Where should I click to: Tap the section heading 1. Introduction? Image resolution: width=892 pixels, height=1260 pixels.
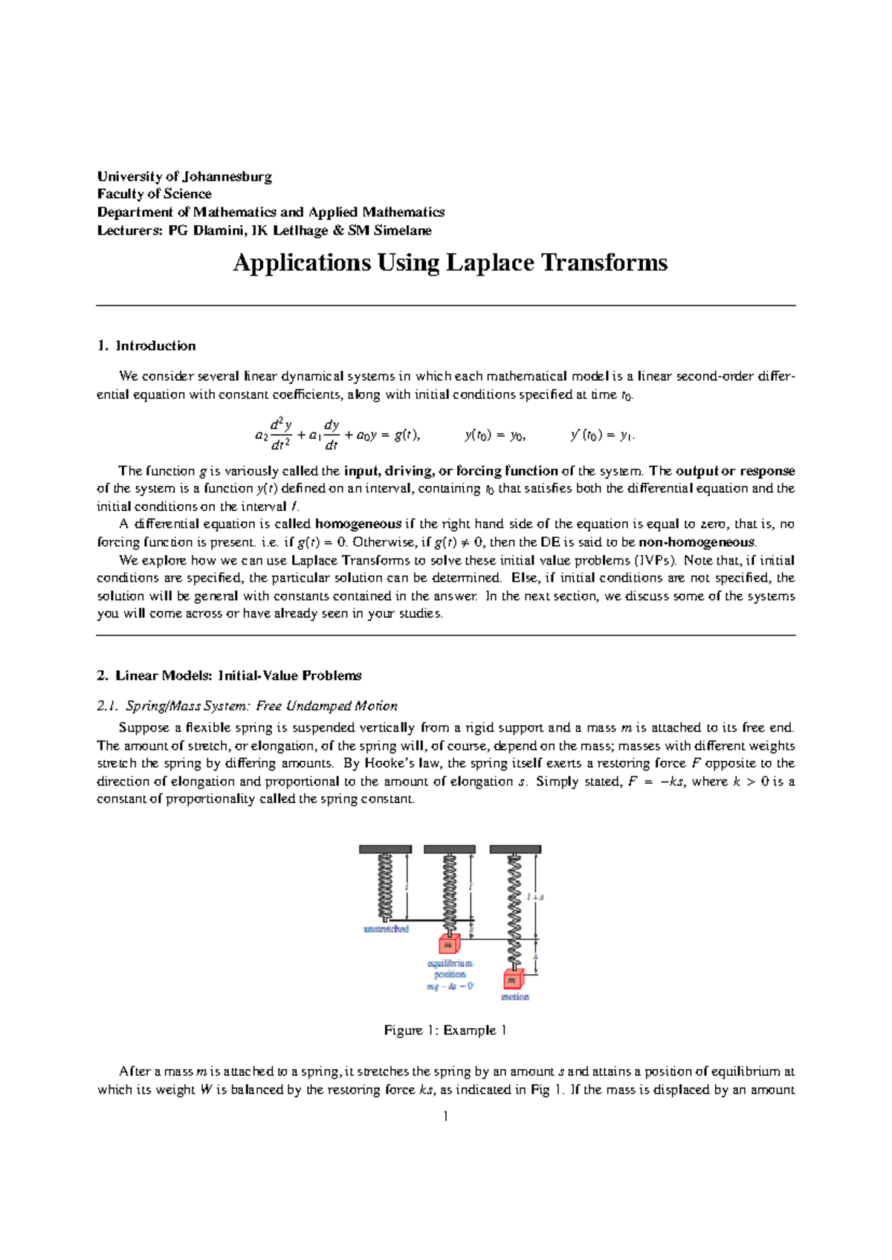(x=146, y=345)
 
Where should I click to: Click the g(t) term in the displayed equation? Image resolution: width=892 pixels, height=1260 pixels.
(x=406, y=436)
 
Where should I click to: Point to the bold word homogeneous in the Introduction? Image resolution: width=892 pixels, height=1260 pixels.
(x=358, y=524)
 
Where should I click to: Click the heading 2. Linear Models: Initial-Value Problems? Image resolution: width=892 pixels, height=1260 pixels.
(x=229, y=675)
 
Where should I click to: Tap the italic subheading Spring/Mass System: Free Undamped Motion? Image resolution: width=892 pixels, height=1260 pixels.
(x=261, y=706)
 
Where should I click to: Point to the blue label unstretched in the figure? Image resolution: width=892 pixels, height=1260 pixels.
(x=386, y=929)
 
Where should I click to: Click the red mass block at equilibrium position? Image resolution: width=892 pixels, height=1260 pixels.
(x=448, y=944)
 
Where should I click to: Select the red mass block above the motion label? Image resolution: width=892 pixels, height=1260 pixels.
(x=513, y=980)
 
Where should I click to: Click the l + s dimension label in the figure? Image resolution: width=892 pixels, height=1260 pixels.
(x=535, y=897)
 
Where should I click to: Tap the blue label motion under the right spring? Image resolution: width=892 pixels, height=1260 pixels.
(x=514, y=997)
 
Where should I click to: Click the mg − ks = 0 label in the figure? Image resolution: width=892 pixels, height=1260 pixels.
(x=450, y=986)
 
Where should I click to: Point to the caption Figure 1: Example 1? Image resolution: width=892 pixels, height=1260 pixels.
(x=445, y=1030)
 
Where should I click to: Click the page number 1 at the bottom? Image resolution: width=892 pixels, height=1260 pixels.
(x=445, y=1117)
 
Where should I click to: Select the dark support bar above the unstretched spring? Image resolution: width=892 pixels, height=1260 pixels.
(x=385, y=849)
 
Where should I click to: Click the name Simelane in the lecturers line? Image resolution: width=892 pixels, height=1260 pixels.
(x=402, y=230)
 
